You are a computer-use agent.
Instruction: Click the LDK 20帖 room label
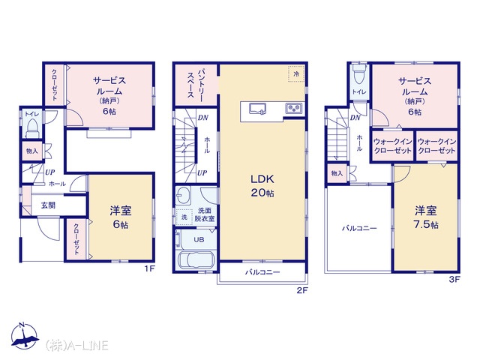pyautogui.click(x=262, y=185)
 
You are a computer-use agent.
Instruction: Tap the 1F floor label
pyautogui.click(x=150, y=269)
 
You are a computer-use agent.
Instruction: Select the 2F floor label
pyautogui.click(x=301, y=290)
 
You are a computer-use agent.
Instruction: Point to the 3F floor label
pyautogui.click(x=454, y=280)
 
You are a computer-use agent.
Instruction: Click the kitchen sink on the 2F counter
pyautogui.click(x=258, y=109)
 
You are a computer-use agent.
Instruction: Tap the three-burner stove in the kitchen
pyautogui.click(x=293, y=108)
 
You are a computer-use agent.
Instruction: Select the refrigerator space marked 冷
pyautogui.click(x=296, y=73)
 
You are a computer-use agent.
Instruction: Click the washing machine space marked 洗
pyautogui.click(x=184, y=217)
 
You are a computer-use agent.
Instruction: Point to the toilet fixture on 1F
pyautogui.click(x=31, y=128)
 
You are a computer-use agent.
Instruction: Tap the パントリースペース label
pyautogui.click(x=195, y=83)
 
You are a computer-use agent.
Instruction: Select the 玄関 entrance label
pyautogui.click(x=48, y=205)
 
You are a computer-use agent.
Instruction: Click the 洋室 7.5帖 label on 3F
pyautogui.click(x=426, y=217)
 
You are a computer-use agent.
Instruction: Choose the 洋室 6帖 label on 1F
pyautogui.click(x=121, y=217)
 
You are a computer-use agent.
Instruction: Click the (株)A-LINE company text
pyautogui.click(x=76, y=345)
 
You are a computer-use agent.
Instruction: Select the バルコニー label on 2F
pyautogui.click(x=262, y=272)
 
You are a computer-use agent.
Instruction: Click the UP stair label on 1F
pyautogui.click(x=50, y=172)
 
